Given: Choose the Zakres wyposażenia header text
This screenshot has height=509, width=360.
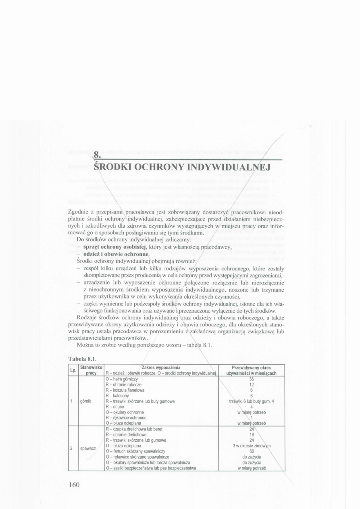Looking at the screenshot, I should (160, 368).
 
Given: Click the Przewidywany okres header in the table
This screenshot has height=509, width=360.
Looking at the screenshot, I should (251, 368).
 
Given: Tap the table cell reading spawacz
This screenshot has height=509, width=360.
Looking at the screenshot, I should (87, 448).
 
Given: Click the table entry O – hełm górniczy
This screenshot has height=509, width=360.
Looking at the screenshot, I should (122, 379).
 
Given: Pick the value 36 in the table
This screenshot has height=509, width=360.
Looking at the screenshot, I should (251, 379).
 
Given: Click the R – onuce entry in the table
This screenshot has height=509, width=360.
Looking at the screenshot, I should (115, 407).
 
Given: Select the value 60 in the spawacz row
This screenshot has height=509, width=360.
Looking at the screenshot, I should (251, 451).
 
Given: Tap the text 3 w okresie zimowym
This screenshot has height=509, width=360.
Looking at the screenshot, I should (252, 446).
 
